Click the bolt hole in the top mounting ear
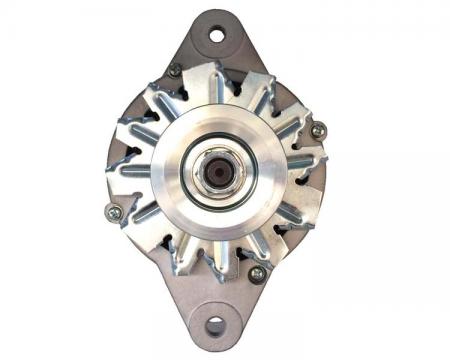coord(217,36)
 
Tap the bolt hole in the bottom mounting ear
coord(215,326)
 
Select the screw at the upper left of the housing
coord(175,70)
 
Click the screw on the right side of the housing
coord(317,131)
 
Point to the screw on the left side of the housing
coord(112,210)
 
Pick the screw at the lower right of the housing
coord(257,271)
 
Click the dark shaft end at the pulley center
coord(215,172)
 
